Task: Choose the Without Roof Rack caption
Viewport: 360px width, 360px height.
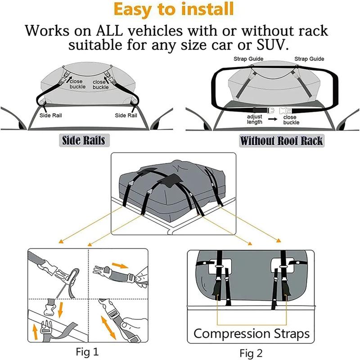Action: pos(281,140)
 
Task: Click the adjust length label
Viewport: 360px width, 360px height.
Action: pos(255,119)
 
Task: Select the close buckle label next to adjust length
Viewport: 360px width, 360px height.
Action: pos(291,120)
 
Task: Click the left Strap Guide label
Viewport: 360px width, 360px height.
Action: pos(248,59)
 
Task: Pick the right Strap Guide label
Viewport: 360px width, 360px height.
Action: pos(309,59)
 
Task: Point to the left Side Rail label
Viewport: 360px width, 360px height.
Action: pos(50,115)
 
